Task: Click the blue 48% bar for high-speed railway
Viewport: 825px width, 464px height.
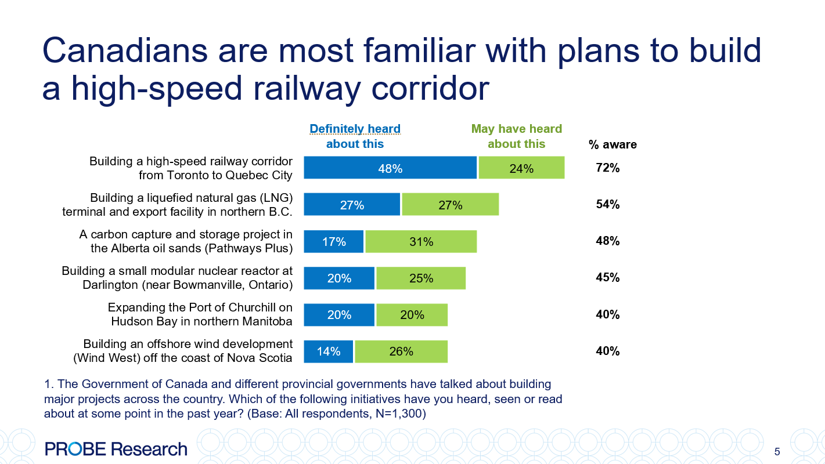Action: point(390,168)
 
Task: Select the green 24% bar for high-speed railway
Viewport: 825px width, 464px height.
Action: point(521,168)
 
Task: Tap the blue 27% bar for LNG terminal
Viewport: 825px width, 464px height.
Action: point(352,204)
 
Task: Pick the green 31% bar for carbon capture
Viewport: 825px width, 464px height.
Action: point(420,241)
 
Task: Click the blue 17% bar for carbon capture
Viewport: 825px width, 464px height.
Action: point(334,241)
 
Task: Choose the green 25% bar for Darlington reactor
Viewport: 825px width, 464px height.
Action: point(420,278)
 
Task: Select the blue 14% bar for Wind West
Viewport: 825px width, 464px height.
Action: point(329,351)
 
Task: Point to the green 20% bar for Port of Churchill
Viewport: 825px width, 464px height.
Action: point(412,314)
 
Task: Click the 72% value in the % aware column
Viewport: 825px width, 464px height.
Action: point(608,168)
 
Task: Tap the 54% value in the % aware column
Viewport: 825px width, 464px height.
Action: point(608,204)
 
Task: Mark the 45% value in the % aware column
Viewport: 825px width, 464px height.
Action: point(608,277)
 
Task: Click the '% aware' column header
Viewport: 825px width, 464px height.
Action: point(613,144)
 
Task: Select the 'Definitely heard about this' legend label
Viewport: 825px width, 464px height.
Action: point(355,136)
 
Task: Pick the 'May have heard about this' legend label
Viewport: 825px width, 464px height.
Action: point(516,136)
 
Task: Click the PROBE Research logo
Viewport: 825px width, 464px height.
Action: point(116,449)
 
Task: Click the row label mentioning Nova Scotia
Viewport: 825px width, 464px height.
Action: point(182,351)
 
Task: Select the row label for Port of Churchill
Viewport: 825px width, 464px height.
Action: point(200,314)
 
